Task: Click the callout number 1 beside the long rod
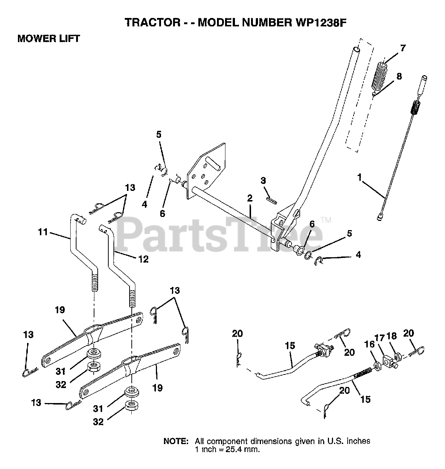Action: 360,178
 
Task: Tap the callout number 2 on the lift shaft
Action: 250,199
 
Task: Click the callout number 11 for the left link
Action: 43,232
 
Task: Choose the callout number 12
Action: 143,259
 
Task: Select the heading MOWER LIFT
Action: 49,39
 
